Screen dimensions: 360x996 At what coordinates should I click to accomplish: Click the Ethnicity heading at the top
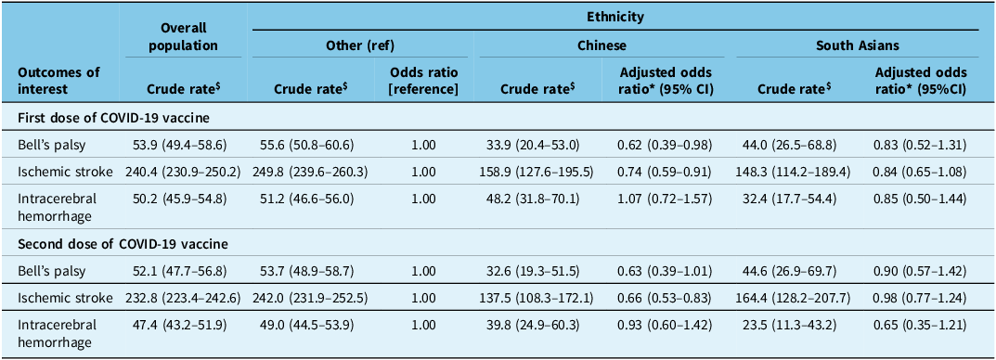[614, 16]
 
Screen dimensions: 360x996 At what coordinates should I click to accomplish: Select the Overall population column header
[184, 37]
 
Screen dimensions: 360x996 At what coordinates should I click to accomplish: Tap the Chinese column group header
[603, 45]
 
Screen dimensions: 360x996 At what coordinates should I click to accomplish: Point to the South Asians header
[857, 45]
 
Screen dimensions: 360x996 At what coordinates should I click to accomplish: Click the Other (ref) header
[362, 45]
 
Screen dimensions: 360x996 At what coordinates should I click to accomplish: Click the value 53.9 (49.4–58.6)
[184, 145]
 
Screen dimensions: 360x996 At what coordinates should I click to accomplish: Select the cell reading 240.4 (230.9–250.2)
[184, 171]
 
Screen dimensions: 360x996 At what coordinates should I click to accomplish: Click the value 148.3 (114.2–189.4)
[795, 171]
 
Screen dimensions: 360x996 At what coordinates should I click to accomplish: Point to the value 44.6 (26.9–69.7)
[795, 271]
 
